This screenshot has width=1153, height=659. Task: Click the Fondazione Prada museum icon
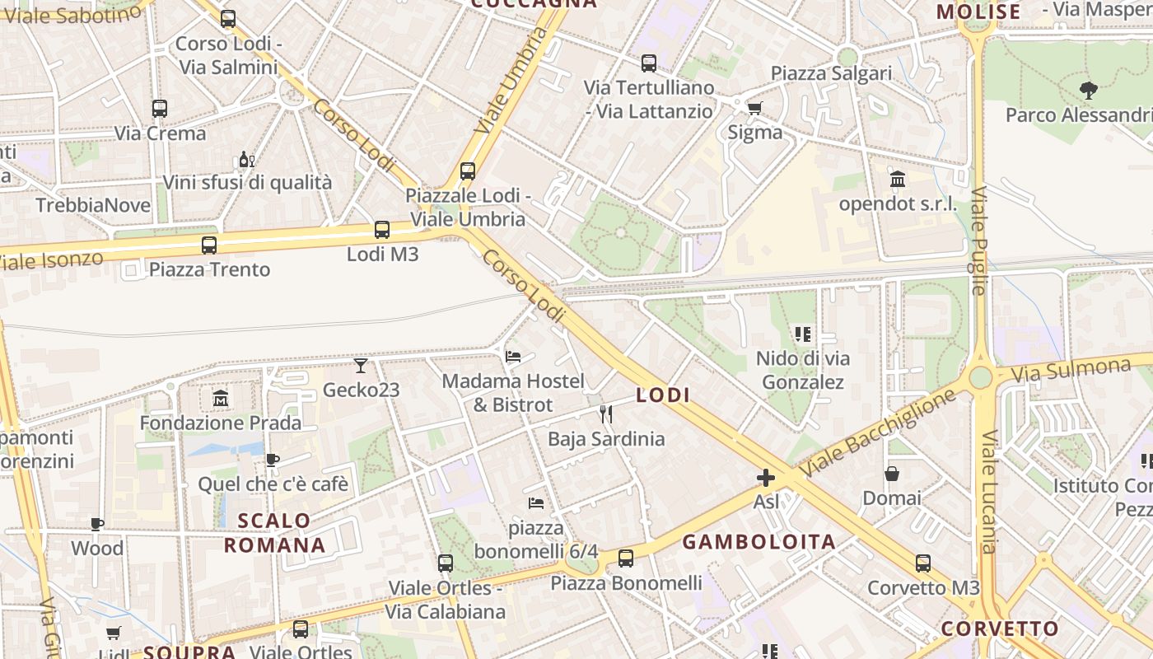click(220, 399)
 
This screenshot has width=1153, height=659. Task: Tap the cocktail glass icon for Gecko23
click(361, 365)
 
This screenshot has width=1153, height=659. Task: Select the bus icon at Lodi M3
click(381, 230)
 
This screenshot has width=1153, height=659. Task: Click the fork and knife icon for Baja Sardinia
click(606, 414)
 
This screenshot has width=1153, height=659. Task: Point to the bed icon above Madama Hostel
click(513, 357)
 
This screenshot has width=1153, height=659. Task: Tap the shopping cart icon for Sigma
click(754, 107)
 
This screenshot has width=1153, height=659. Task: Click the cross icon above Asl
click(766, 477)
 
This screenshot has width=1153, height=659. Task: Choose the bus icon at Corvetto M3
click(923, 563)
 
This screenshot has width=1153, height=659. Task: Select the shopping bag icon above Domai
click(892, 474)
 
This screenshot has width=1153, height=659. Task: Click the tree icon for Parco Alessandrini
click(1089, 91)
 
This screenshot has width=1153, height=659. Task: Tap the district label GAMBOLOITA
click(759, 542)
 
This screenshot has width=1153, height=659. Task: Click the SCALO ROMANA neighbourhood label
click(275, 533)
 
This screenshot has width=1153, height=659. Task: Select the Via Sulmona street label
click(1071, 370)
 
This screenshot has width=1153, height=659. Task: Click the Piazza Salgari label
click(831, 73)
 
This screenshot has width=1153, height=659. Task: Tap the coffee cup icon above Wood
click(97, 524)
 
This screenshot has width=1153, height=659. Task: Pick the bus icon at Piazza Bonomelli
click(626, 559)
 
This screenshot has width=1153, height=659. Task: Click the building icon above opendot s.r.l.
click(898, 179)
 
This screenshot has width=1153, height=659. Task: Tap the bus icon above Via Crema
click(160, 108)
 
